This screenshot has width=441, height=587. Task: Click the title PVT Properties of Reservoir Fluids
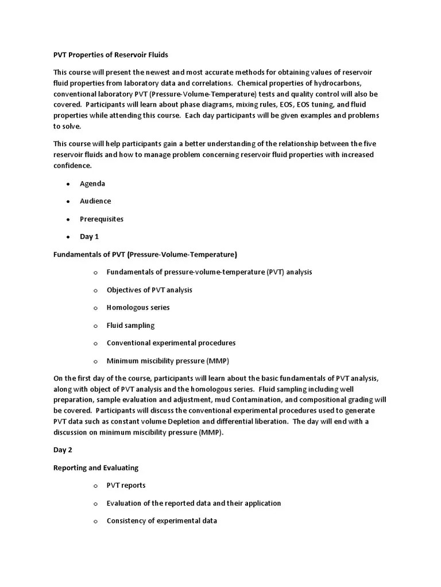(x=111, y=54)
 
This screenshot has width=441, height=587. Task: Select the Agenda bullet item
(x=92, y=183)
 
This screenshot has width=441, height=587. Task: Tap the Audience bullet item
(x=95, y=201)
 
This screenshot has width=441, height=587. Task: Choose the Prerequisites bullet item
(x=102, y=219)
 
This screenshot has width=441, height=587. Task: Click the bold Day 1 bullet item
(x=89, y=237)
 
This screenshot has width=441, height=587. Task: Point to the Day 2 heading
(x=63, y=450)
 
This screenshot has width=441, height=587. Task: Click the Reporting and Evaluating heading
(x=96, y=468)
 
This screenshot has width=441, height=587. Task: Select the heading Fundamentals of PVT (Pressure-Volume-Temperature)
(x=145, y=254)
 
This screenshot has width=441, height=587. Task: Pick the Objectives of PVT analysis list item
(x=149, y=289)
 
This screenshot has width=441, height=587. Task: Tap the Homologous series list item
(x=138, y=307)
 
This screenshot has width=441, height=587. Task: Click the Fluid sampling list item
(x=130, y=325)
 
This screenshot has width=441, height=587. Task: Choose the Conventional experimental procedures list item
(x=171, y=343)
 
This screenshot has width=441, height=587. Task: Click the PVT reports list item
(x=126, y=485)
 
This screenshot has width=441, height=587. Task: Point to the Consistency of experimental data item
(x=161, y=521)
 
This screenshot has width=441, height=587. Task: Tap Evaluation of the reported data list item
(x=194, y=503)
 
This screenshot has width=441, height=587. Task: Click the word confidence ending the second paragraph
(x=72, y=165)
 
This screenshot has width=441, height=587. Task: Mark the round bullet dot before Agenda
(x=68, y=184)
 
